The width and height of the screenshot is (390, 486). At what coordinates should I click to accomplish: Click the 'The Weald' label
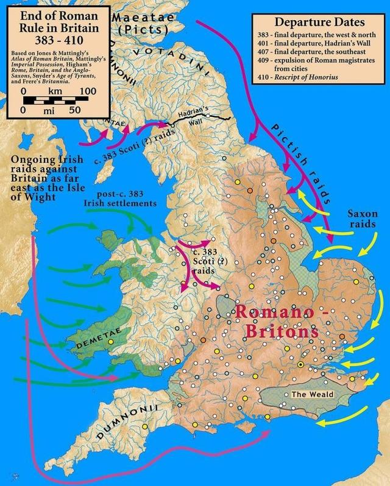click(312, 395)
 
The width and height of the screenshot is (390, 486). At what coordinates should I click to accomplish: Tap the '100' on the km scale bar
click(88, 91)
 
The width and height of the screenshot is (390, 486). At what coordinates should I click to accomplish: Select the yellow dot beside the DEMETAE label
click(111, 342)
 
